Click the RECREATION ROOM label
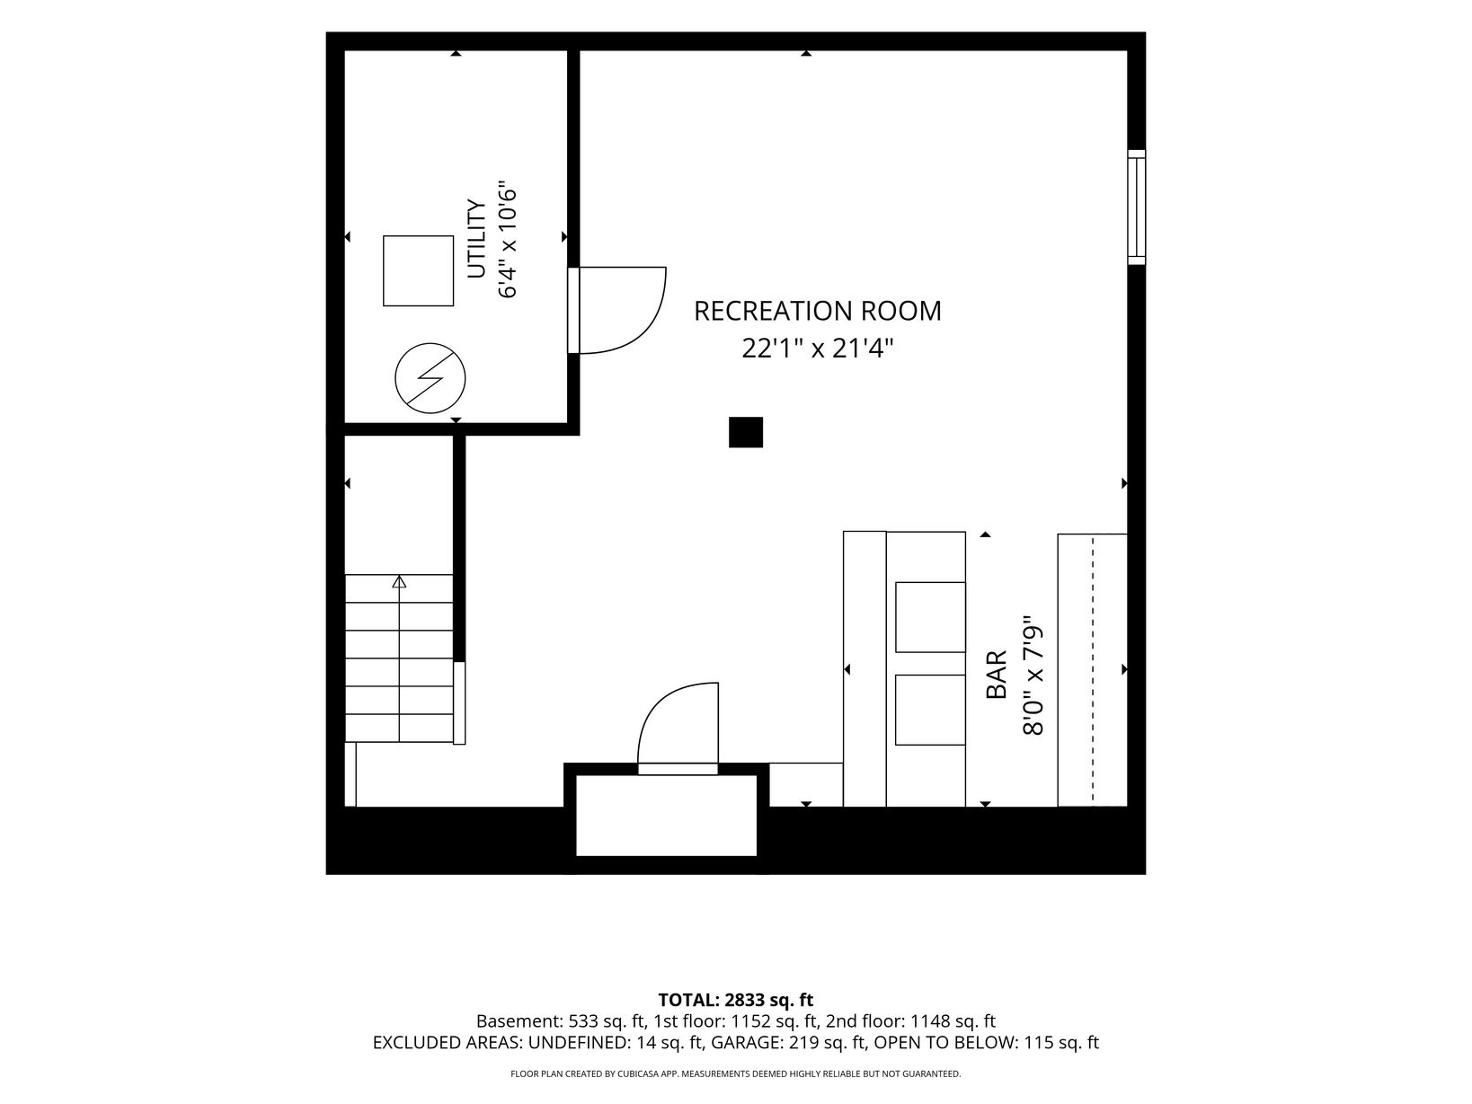coord(817,311)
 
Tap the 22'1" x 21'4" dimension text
coord(817,349)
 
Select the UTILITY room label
coord(476,239)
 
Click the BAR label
coord(997,675)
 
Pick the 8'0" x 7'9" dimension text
coord(1033,676)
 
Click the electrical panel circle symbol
coord(430,378)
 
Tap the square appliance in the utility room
coord(418,270)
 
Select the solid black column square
coord(746,432)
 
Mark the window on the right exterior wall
coord(1136,208)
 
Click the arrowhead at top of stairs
coord(399,581)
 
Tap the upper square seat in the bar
coord(930,617)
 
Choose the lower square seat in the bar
coord(930,710)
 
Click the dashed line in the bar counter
coord(1093,670)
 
